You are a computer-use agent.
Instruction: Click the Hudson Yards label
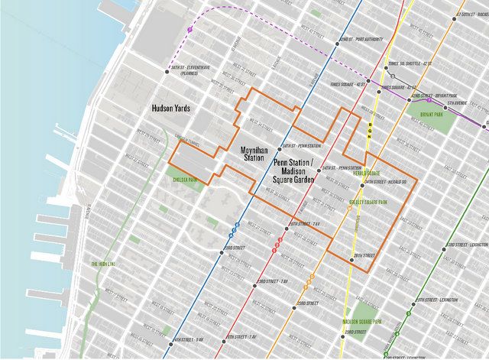point(170,109)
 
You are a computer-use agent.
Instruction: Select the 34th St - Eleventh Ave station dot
point(167,72)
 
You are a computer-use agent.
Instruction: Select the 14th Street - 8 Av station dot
point(172,340)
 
